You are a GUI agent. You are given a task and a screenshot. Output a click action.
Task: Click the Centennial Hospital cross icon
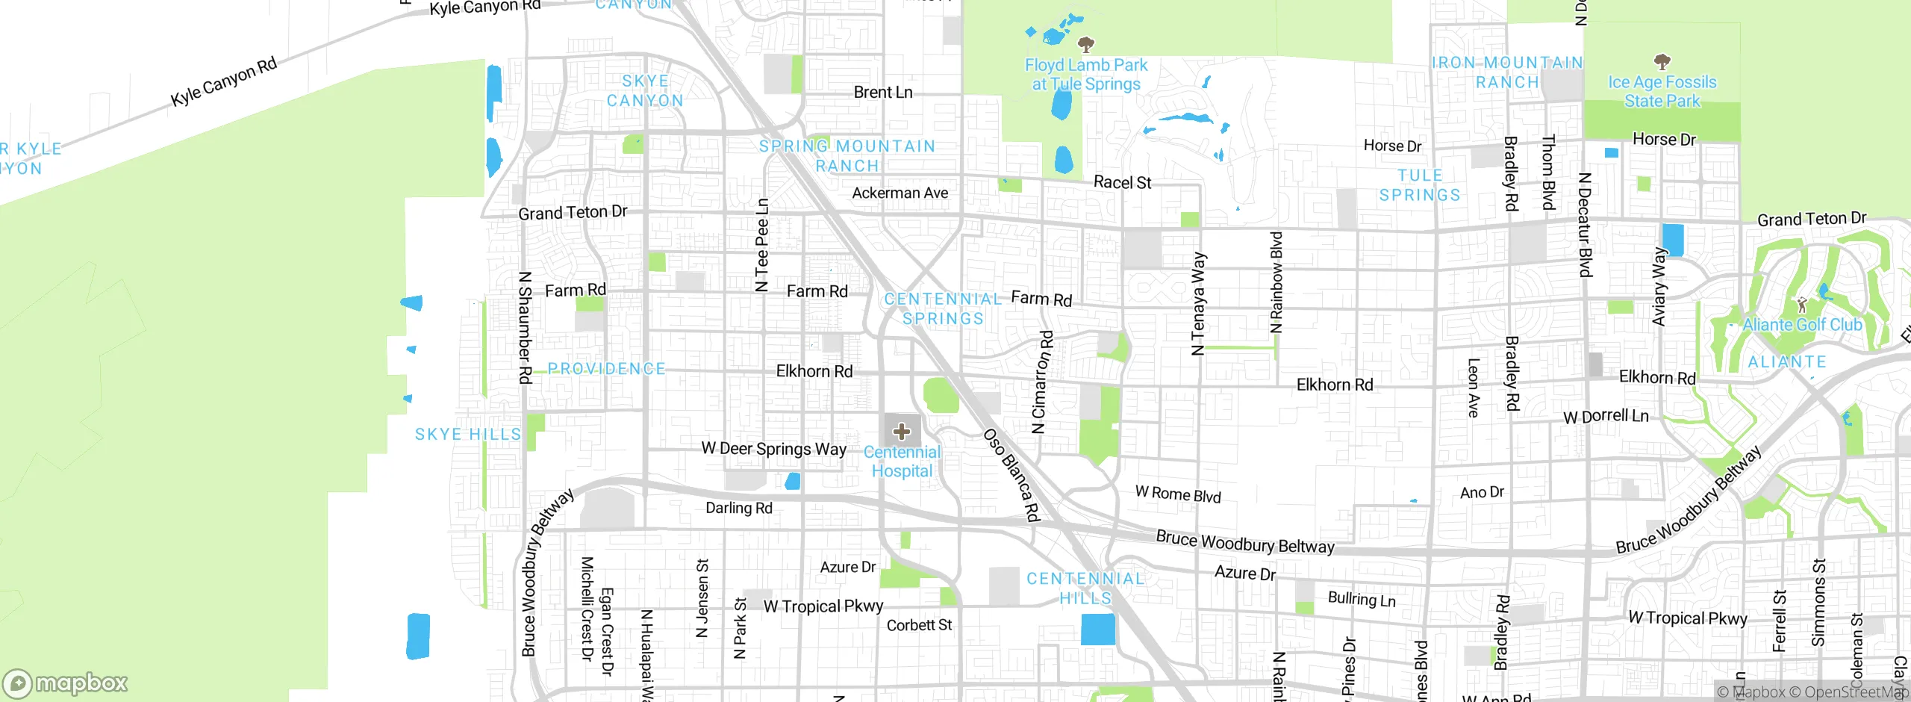point(902,431)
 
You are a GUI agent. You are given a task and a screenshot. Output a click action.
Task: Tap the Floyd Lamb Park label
point(1086,75)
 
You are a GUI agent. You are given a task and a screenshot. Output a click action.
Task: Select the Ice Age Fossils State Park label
point(1662,91)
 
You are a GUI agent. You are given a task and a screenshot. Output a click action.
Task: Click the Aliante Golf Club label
point(1802,325)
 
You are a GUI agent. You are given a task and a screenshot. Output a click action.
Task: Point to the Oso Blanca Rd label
point(1011,474)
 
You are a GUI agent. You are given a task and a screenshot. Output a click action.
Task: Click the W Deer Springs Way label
point(773,449)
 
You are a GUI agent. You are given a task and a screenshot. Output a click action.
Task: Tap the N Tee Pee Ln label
point(761,245)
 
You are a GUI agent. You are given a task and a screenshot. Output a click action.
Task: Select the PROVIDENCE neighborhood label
point(606,369)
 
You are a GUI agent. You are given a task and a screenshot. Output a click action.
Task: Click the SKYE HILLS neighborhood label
point(468,435)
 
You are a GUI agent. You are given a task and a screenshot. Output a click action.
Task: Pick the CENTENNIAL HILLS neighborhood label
point(1085,588)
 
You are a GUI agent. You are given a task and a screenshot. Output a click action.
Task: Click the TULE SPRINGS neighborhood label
point(1419,185)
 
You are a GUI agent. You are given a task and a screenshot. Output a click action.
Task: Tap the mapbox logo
point(66,683)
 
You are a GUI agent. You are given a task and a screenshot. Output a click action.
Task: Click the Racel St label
point(1122,182)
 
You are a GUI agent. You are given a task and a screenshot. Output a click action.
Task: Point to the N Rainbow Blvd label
point(1276,282)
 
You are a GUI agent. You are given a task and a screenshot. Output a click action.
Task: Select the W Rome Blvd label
point(1178,494)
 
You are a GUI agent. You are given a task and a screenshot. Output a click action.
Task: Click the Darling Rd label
point(739,508)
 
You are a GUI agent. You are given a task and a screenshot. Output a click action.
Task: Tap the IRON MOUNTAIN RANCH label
point(1507,72)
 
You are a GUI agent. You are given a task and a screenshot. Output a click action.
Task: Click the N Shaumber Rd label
point(525,327)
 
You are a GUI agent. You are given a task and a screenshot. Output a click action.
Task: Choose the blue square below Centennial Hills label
point(1098,629)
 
